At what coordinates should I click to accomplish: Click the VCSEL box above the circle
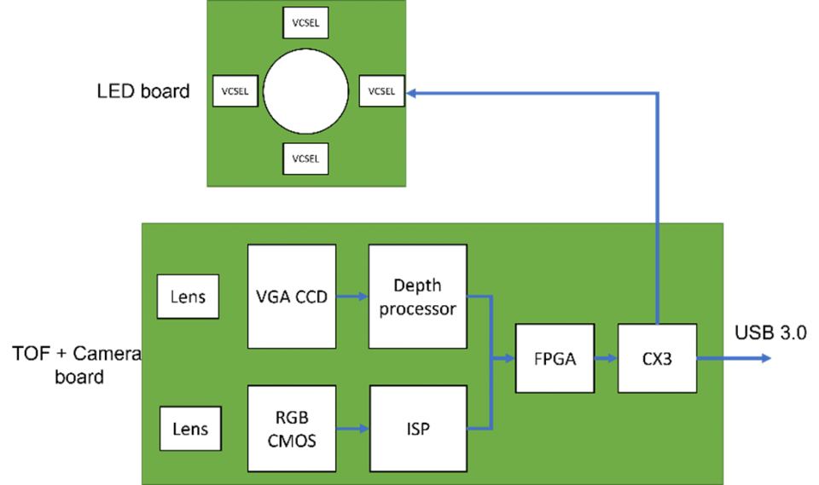(x=305, y=23)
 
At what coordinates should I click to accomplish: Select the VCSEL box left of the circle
(x=235, y=91)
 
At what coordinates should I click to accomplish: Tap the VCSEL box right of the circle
(x=381, y=91)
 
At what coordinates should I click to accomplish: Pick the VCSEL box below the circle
(x=305, y=159)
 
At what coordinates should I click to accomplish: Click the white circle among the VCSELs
(x=305, y=91)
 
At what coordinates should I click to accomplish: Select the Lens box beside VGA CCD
(x=188, y=297)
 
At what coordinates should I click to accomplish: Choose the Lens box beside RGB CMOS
(x=190, y=428)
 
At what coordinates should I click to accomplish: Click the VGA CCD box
(x=292, y=297)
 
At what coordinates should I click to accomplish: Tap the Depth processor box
(x=417, y=297)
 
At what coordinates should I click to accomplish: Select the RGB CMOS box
(x=292, y=428)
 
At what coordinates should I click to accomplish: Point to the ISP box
(x=418, y=428)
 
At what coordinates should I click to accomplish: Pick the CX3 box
(x=657, y=358)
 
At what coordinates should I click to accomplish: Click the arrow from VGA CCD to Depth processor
(x=352, y=297)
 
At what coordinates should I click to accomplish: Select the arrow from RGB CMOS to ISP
(x=352, y=428)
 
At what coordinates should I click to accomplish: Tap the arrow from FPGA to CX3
(x=607, y=358)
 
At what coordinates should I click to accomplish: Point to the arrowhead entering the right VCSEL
(x=412, y=91)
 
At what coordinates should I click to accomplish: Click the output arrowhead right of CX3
(x=767, y=358)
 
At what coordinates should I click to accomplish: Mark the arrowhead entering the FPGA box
(x=510, y=359)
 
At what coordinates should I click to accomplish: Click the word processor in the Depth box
(x=418, y=309)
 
